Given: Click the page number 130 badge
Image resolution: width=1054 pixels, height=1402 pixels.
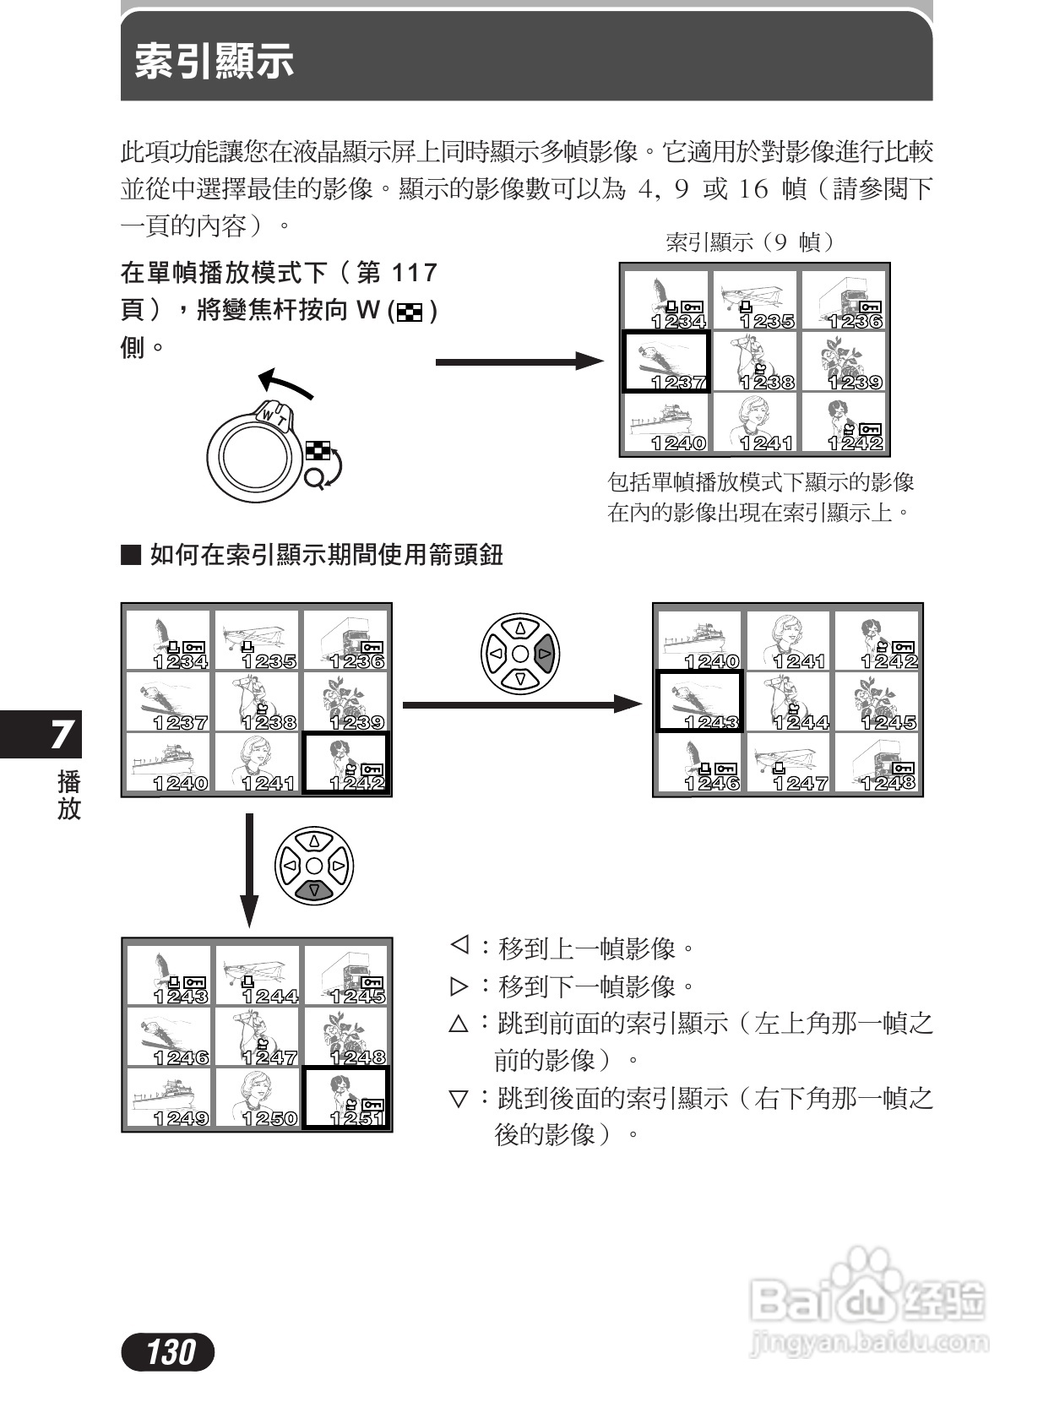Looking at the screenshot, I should pos(168,1352).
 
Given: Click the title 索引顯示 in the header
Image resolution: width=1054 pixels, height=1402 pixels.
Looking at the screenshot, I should pos(215,61).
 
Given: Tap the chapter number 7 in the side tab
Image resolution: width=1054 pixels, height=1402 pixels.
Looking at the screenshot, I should pos(61,735).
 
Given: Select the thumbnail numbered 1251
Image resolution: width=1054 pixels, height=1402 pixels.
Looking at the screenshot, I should pos(345,1097).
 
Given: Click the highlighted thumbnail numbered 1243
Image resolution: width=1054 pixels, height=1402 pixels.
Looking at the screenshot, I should pos(699,701).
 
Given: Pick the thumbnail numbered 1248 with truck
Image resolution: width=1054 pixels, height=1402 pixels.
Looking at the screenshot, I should pos(878,763).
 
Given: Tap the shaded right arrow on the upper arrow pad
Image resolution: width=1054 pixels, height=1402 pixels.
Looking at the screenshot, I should pos(545,654).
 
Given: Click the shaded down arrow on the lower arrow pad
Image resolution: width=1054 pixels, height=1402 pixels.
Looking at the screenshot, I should pos(314,889).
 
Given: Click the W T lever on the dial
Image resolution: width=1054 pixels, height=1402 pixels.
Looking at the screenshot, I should pos(274,414).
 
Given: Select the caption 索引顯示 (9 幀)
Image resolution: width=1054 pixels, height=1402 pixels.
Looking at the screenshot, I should pos(751,243).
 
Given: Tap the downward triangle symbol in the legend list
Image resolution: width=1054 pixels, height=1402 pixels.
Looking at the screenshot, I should pos(459,1098).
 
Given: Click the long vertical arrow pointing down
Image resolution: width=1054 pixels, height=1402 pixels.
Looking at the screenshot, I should pos(248,870).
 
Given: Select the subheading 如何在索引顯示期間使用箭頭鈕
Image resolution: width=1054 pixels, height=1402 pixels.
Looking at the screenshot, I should pos(326,555).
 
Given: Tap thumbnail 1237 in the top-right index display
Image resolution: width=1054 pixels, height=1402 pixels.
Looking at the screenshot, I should pos(666,361).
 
